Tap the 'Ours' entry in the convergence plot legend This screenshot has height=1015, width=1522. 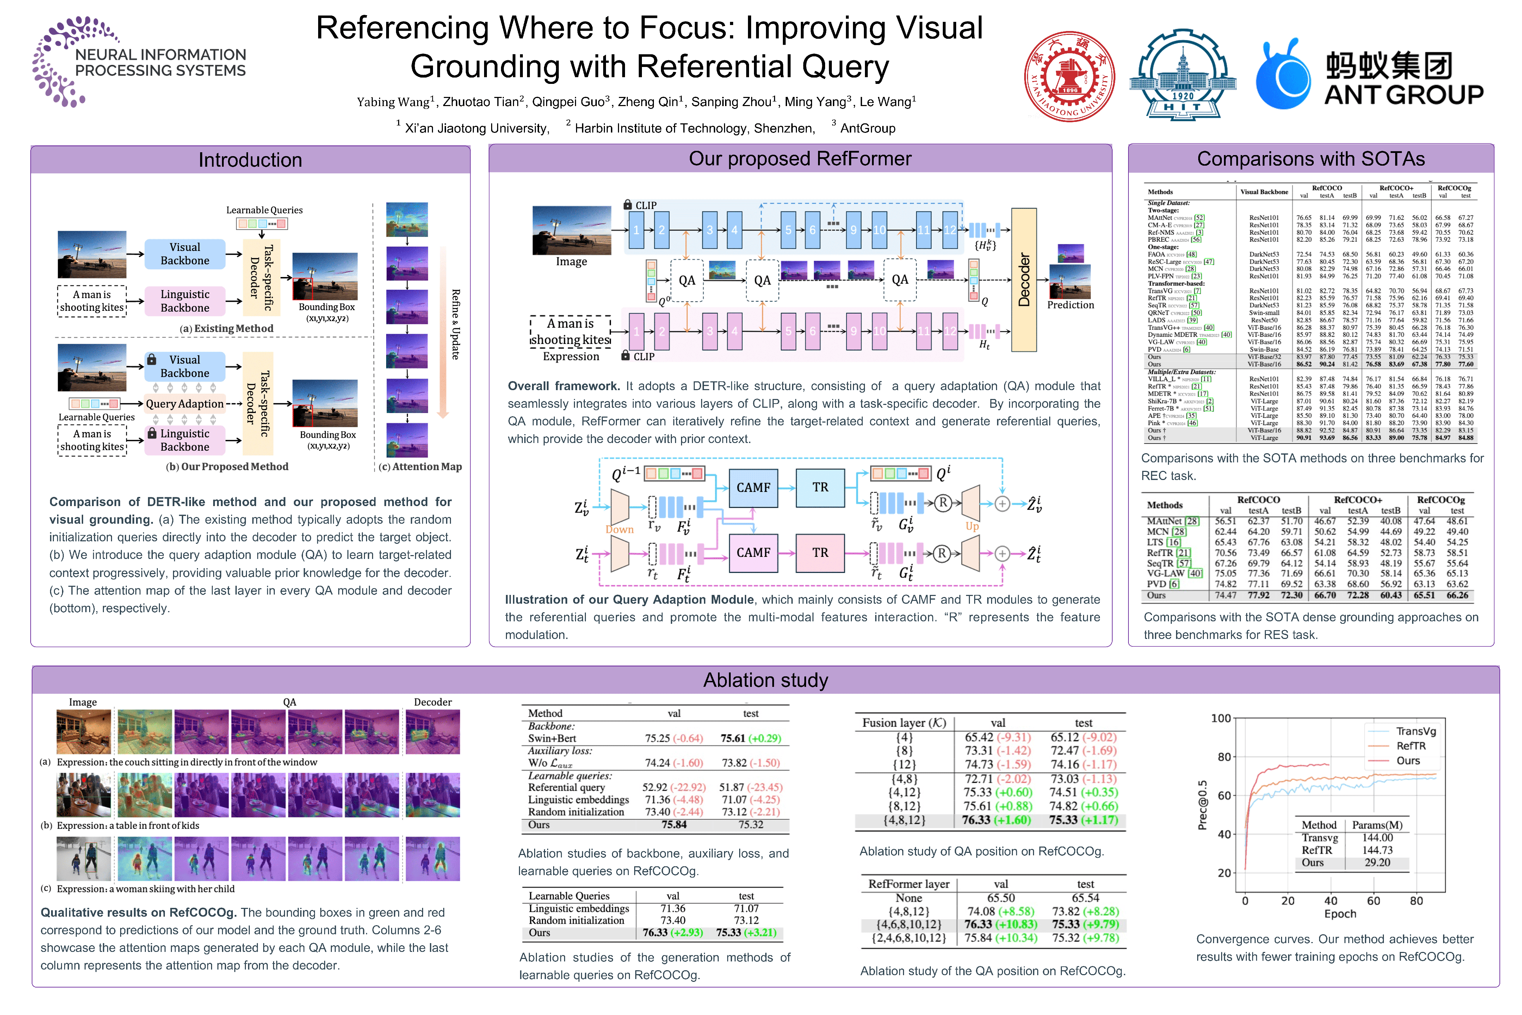tap(1407, 761)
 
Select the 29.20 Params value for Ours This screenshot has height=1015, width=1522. tap(1377, 862)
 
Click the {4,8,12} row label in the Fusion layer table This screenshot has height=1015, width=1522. tap(904, 820)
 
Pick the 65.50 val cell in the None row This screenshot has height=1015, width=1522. tap(1001, 898)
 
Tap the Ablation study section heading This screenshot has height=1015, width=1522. tap(766, 680)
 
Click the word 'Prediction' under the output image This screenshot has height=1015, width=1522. tap(1070, 305)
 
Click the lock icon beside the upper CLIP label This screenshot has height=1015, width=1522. tap(627, 204)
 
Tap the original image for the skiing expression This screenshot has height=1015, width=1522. tap(83, 859)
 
